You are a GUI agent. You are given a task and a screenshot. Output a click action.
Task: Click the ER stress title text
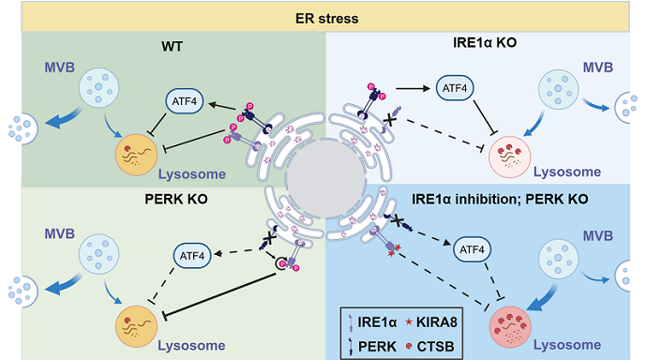(323, 16)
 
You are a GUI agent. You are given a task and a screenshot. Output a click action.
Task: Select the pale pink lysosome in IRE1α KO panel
(514, 155)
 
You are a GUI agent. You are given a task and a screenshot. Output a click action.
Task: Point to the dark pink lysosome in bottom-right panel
(516, 327)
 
